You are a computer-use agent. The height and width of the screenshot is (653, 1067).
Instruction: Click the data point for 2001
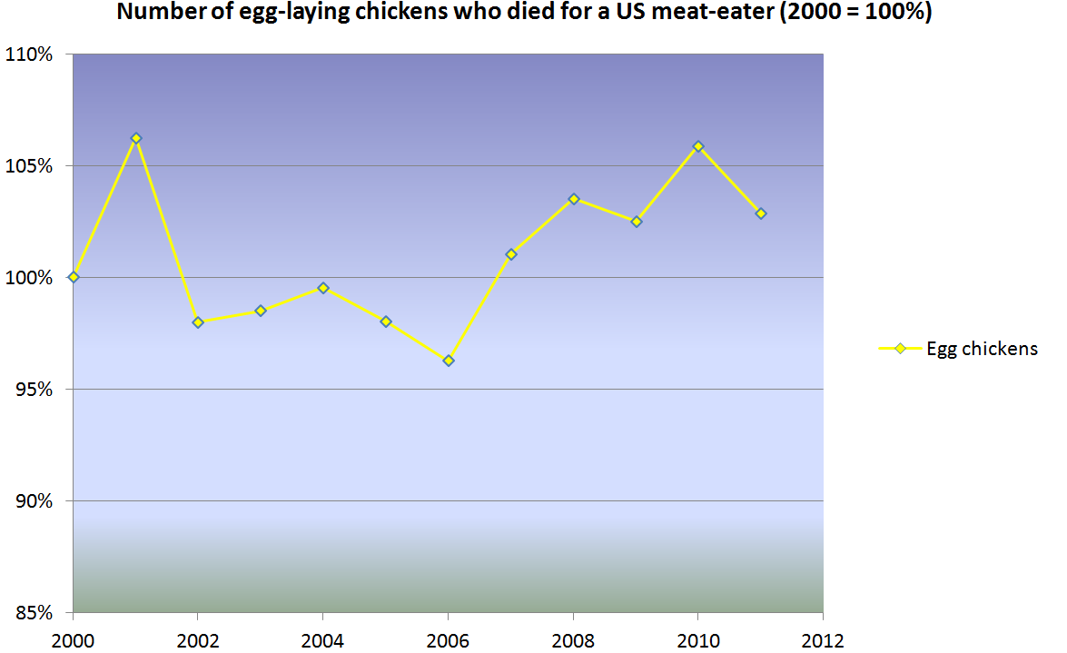pos(136,138)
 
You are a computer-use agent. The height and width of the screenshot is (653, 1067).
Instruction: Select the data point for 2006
pos(449,361)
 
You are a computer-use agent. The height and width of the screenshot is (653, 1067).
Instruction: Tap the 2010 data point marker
pos(698,146)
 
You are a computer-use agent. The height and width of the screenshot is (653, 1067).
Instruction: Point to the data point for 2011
pos(761,213)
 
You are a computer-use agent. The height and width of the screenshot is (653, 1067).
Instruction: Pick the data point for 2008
pos(574,199)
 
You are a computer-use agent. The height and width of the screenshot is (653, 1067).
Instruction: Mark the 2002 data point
pos(198,322)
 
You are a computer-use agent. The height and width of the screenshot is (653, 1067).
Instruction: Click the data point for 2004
pos(323,288)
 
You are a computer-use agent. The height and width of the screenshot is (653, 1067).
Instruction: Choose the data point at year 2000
pos(74,277)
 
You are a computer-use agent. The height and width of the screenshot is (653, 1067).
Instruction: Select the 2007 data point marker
pos(511,254)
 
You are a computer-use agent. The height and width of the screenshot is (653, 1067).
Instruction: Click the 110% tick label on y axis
pos(33,54)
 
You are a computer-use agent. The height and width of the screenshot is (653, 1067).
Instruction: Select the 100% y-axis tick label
pos(33,278)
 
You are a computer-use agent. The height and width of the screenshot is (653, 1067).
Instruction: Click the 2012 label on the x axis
pos(823,639)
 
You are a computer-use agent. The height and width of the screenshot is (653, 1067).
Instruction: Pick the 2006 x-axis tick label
pos(449,639)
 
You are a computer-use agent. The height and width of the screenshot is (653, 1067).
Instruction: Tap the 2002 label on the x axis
pos(198,639)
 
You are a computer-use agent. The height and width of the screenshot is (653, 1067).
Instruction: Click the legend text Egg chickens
pos(982,349)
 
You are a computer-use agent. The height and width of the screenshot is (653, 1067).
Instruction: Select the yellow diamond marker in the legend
pos(900,349)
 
